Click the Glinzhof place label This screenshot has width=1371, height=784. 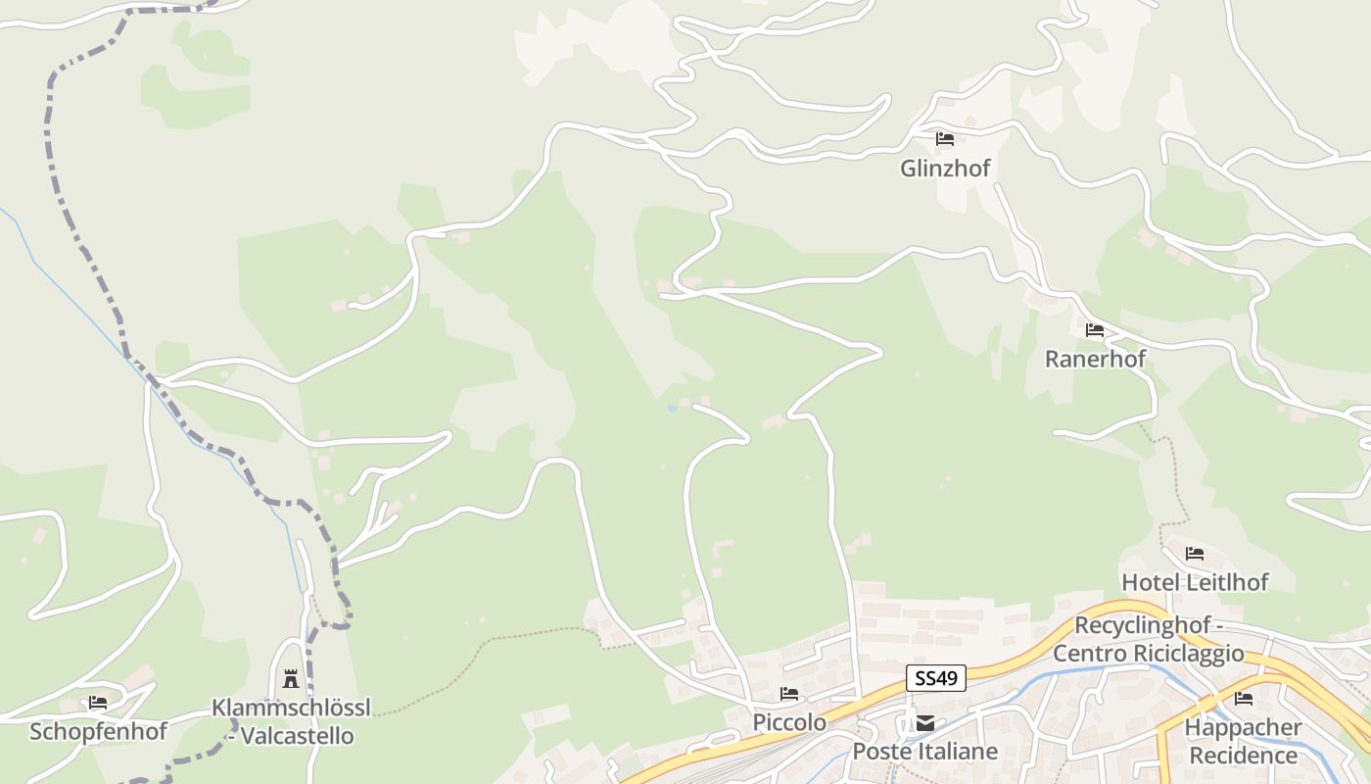click(x=945, y=169)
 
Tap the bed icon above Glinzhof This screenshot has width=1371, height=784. click(x=944, y=139)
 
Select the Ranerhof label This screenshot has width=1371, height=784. click(x=1095, y=359)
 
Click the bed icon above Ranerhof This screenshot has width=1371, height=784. click(x=1094, y=330)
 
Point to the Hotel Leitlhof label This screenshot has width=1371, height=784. click(x=1195, y=582)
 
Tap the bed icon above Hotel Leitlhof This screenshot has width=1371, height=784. click(x=1194, y=554)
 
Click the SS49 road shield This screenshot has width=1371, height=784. click(x=936, y=677)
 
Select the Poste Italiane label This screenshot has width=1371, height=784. click(x=925, y=752)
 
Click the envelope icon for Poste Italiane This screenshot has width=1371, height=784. click(x=924, y=724)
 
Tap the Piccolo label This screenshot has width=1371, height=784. click(x=789, y=722)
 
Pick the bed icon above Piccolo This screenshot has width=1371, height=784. click(x=788, y=694)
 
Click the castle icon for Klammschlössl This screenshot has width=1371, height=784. click(x=291, y=678)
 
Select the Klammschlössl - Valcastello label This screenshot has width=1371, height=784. click(x=291, y=721)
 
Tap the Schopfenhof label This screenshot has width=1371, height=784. click(x=98, y=731)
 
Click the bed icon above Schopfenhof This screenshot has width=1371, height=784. click(x=98, y=703)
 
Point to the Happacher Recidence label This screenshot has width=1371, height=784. click(x=1243, y=742)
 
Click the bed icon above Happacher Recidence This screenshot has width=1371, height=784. click(x=1243, y=699)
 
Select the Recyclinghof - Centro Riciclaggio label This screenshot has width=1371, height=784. click(x=1149, y=639)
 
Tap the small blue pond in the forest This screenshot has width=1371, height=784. click(x=672, y=408)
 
